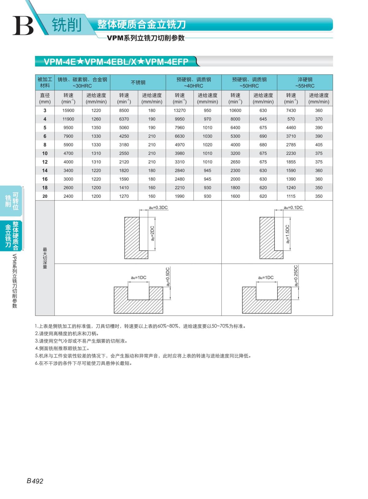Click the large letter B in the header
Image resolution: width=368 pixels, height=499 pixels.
(x=23, y=25)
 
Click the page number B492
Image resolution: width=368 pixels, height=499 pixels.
(x=35, y=481)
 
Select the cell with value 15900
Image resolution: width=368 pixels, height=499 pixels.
(x=68, y=110)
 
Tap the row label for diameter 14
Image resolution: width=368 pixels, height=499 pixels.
(x=45, y=170)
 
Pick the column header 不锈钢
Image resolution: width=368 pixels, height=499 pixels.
(x=138, y=82)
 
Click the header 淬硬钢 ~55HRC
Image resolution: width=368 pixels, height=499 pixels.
(x=305, y=82)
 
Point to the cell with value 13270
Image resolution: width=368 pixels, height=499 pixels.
(x=180, y=110)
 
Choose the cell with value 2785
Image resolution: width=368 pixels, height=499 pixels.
(x=291, y=145)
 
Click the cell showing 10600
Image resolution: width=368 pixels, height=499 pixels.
(x=235, y=110)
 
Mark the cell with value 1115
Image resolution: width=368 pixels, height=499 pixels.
(x=291, y=196)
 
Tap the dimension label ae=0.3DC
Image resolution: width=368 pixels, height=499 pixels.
(x=159, y=208)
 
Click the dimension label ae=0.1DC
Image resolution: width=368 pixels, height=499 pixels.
(x=293, y=208)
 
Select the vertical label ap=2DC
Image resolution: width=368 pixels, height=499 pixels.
(x=152, y=233)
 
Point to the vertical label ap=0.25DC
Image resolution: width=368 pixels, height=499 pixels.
(x=296, y=276)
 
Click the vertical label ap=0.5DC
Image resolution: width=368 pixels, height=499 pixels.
(x=168, y=277)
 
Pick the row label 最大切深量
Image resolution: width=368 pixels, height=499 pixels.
(x=45, y=258)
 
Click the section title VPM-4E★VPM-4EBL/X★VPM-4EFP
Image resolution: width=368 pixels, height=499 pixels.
(x=116, y=62)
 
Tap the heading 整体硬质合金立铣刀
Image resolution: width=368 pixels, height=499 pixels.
(x=141, y=25)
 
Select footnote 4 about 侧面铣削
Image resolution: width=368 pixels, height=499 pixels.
(x=62, y=349)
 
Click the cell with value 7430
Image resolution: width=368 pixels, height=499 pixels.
(x=291, y=110)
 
